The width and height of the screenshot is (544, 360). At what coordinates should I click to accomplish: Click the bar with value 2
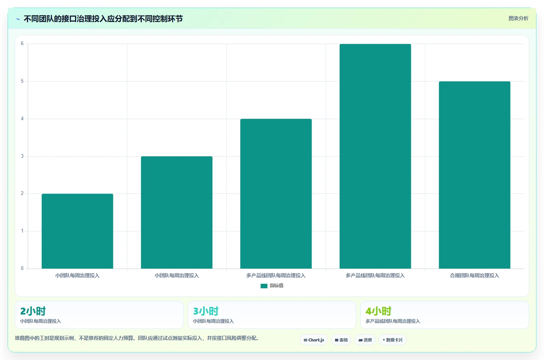(x=77, y=231)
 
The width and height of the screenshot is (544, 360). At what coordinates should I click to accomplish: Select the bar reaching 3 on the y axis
(x=177, y=212)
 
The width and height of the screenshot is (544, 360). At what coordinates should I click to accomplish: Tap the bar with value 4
(x=276, y=194)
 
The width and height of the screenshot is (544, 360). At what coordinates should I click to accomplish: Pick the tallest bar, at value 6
(x=375, y=156)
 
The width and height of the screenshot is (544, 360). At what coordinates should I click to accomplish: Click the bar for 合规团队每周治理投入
(x=475, y=175)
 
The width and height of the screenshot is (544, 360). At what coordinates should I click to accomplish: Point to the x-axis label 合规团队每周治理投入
(x=475, y=275)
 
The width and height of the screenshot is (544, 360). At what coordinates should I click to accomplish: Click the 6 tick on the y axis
(x=22, y=44)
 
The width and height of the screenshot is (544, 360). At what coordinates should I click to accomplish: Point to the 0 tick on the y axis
(x=22, y=268)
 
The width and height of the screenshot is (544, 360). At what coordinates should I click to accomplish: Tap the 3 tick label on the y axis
(x=22, y=156)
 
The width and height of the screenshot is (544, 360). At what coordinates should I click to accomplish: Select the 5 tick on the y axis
(x=22, y=81)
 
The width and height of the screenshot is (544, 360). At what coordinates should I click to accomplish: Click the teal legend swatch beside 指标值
(x=264, y=286)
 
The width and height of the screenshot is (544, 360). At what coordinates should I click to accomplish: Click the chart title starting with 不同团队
(x=103, y=19)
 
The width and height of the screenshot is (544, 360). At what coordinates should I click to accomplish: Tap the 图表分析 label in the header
(x=519, y=19)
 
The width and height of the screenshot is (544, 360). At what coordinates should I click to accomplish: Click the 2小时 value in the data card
(x=33, y=311)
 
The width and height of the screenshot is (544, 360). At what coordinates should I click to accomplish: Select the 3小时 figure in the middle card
(x=206, y=311)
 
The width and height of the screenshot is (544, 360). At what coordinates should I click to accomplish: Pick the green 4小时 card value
(x=378, y=311)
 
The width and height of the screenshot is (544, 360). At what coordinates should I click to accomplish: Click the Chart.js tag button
(x=314, y=340)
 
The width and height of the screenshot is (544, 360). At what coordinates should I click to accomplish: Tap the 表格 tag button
(x=341, y=340)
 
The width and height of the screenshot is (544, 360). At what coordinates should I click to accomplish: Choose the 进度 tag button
(x=365, y=340)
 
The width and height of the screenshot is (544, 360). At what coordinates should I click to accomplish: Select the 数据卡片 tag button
(x=393, y=340)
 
